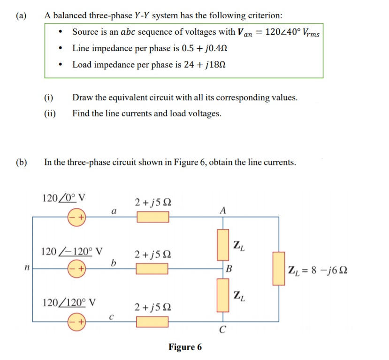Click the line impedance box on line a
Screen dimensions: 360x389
(x=153, y=217)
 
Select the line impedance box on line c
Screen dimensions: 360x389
(x=153, y=322)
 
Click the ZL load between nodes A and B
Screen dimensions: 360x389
(x=222, y=245)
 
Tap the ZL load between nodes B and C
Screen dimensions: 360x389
(x=222, y=295)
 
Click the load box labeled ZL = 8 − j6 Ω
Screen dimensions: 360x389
(x=279, y=269)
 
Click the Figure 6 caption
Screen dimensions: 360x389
(x=185, y=347)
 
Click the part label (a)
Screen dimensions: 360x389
(x=21, y=15)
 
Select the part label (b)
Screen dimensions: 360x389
(x=21, y=163)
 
